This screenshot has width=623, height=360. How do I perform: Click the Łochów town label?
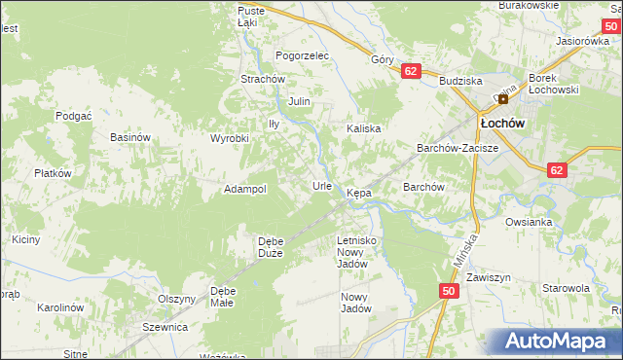[x=502, y=124]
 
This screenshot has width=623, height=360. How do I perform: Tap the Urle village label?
[x=322, y=185]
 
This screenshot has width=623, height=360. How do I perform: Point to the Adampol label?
[x=245, y=189]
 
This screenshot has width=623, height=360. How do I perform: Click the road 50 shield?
[x=449, y=291]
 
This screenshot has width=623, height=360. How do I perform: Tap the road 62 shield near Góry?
[x=410, y=71]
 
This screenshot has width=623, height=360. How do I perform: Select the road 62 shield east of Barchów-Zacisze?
[x=556, y=170]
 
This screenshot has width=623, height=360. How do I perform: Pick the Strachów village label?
[x=262, y=79]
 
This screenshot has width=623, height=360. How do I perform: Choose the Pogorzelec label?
[x=303, y=56]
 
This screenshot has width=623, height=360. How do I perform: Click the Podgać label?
[x=73, y=115]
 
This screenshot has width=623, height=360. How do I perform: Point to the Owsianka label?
[x=529, y=222]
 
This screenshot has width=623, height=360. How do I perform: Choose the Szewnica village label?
[x=165, y=328]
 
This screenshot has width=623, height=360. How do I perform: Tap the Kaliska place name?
[x=364, y=128]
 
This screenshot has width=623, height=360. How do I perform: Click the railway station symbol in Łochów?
[x=503, y=98]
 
